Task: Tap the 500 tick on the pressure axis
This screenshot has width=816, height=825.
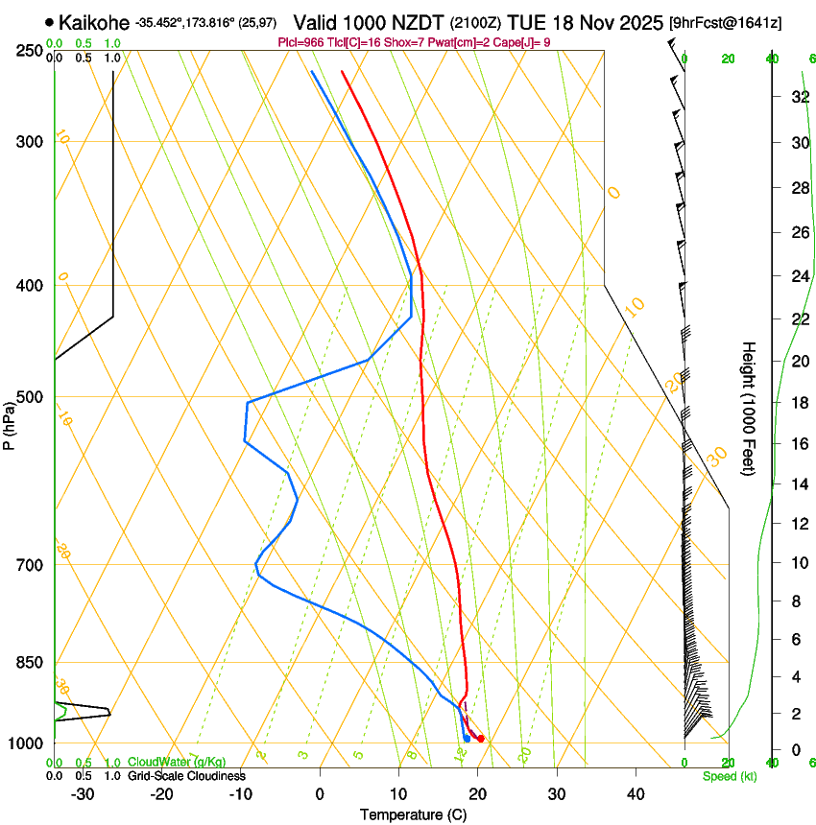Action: tap(30, 397)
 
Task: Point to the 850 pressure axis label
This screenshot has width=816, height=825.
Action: tap(30, 663)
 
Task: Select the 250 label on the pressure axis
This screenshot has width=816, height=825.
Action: tap(30, 51)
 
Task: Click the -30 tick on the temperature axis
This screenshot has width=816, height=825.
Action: tap(83, 794)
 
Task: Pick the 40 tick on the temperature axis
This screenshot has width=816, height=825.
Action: tap(635, 794)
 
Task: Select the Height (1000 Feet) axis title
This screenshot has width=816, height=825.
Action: tap(750, 408)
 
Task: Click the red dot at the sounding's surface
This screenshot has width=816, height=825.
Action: tap(481, 739)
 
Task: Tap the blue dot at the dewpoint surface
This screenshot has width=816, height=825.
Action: tap(467, 739)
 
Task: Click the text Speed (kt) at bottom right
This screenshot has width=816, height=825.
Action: tap(729, 776)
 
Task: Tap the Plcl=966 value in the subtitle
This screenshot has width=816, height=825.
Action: tap(301, 43)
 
